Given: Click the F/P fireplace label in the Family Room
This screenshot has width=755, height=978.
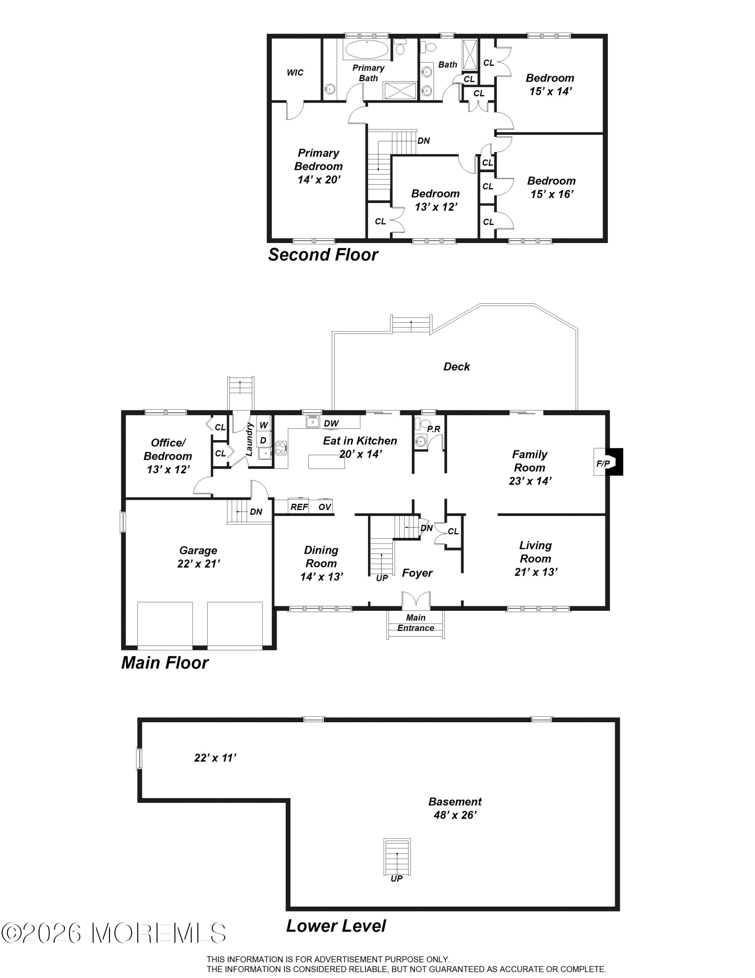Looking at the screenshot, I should pyautogui.click(x=603, y=463).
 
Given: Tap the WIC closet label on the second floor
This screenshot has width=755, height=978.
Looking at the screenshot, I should pyautogui.click(x=295, y=73).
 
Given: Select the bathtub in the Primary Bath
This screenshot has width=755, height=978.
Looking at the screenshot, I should pyautogui.click(x=366, y=49).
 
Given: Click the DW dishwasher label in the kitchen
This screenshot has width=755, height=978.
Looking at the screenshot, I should pyautogui.click(x=331, y=423).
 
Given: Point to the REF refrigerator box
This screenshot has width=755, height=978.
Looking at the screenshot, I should pyautogui.click(x=299, y=507).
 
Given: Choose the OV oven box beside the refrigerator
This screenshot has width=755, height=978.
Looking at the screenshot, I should pyautogui.click(x=324, y=507).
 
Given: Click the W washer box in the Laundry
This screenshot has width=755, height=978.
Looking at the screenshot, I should pyautogui.click(x=263, y=425).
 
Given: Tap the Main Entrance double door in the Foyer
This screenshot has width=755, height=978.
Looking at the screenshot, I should pyautogui.click(x=416, y=600).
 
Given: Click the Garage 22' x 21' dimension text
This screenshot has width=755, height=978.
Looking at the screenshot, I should pyautogui.click(x=198, y=564).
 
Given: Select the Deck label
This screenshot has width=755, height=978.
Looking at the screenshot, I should pyautogui.click(x=456, y=367).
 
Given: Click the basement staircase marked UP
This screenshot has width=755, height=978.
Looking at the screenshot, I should pyautogui.click(x=397, y=857).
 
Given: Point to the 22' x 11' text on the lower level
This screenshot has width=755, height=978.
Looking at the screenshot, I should pyautogui.click(x=215, y=758).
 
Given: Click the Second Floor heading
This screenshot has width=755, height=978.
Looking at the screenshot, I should pyautogui.click(x=323, y=255).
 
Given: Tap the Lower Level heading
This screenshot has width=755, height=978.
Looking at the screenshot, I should pyautogui.click(x=336, y=926).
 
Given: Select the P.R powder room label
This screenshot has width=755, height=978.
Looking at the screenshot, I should pyautogui.click(x=433, y=429).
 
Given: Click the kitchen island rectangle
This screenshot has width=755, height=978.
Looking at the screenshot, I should pyautogui.click(x=326, y=461).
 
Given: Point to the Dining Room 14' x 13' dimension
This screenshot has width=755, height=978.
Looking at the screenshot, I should pyautogui.click(x=321, y=577).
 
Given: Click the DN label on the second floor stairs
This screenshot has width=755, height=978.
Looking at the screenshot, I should pyautogui.click(x=423, y=141).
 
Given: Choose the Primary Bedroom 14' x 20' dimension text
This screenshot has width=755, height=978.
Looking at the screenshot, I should pyautogui.click(x=318, y=179).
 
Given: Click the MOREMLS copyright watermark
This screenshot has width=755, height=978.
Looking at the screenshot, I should pyautogui.click(x=113, y=933).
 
